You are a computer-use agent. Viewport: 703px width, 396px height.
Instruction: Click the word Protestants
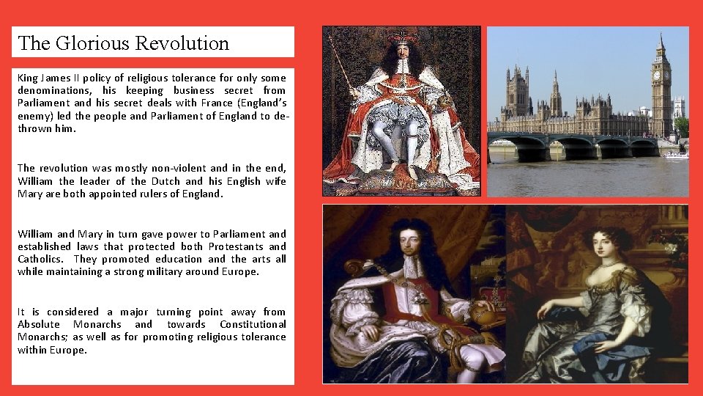[x=235, y=246]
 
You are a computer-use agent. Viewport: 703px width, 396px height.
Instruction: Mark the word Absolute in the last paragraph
[x=40, y=324]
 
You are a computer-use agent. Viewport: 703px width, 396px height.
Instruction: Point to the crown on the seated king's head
[x=403, y=36]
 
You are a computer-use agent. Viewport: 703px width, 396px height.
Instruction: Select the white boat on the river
[x=676, y=155]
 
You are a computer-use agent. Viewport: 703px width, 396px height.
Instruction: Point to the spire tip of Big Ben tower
[x=661, y=34]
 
